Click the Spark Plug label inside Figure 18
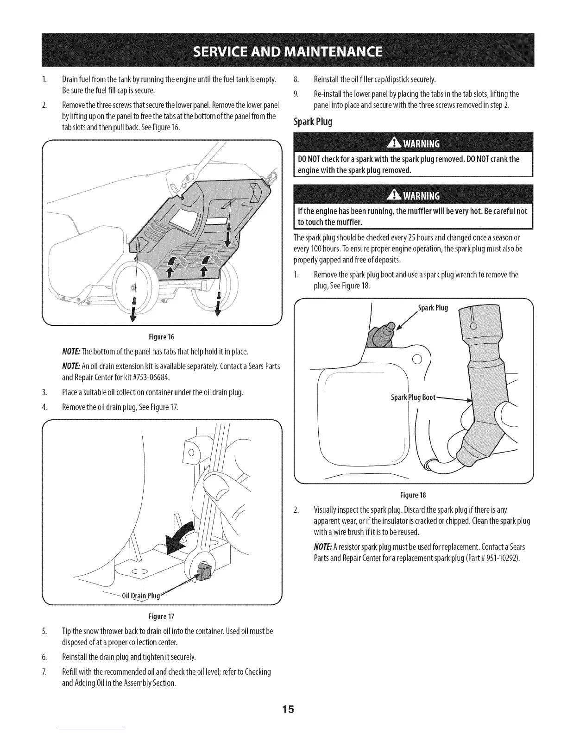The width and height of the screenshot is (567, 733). pyautogui.click(x=433, y=309)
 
